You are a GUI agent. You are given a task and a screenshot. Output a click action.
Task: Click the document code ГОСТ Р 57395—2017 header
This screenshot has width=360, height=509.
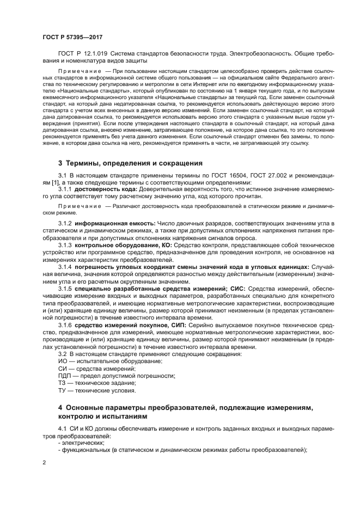pyautogui.click(x=72, y=36)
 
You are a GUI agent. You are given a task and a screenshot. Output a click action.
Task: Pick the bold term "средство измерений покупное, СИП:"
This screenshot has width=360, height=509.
pyautogui.click(x=130, y=324)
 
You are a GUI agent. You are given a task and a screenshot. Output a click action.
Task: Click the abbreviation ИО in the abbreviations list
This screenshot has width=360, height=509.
pyautogui.click(x=62, y=361)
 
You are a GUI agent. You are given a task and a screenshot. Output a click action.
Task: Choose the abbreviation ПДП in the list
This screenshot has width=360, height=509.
pyautogui.click(x=64, y=376)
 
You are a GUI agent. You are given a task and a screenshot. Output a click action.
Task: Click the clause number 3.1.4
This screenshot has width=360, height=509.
pyautogui.click(x=65, y=266)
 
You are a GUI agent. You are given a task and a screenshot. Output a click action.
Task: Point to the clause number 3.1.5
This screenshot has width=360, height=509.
pyautogui.click(x=65, y=288)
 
